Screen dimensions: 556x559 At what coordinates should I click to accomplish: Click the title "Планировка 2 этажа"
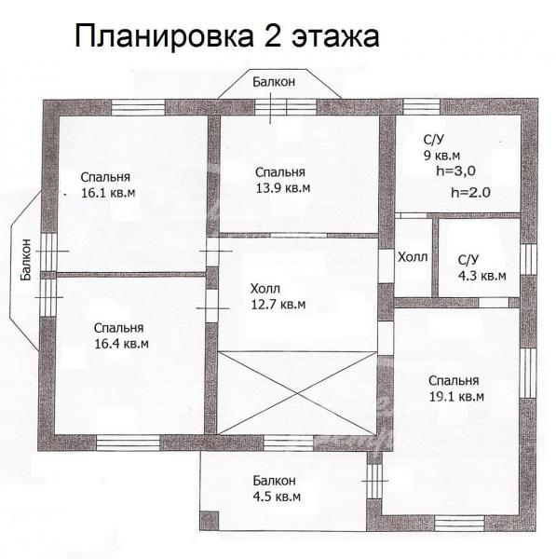point(226,36)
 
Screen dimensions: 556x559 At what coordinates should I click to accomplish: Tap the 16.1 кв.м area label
point(108,193)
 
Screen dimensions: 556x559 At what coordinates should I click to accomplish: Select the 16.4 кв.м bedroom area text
point(121,344)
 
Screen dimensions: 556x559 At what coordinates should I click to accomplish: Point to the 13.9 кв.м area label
point(283,188)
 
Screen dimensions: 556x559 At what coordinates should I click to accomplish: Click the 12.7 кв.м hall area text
point(278,305)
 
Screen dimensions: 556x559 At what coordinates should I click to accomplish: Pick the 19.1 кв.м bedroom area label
point(456,397)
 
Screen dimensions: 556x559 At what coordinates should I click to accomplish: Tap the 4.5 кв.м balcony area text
point(277,497)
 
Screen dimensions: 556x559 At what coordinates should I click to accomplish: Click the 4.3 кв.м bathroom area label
point(481,276)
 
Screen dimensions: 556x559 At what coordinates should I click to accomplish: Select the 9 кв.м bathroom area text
point(442,156)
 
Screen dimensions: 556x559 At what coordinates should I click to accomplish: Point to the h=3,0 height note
point(455,171)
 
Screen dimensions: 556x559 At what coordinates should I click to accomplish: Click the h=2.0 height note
point(471,193)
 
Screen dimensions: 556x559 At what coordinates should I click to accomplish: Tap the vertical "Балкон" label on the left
point(26,260)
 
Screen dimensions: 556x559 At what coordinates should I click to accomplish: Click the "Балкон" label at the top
point(274,82)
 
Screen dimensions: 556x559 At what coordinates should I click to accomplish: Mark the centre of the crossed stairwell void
point(297,393)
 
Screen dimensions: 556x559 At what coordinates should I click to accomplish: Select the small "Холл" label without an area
point(413,257)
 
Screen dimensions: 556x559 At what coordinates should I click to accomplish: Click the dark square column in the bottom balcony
point(209,521)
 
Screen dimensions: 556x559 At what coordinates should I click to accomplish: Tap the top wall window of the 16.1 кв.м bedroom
point(138,107)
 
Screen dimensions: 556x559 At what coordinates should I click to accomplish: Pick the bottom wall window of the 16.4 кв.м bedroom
point(128,443)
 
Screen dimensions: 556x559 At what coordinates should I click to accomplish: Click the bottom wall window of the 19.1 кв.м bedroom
point(459,524)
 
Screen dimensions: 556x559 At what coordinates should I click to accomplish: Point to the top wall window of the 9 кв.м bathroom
point(422,106)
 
